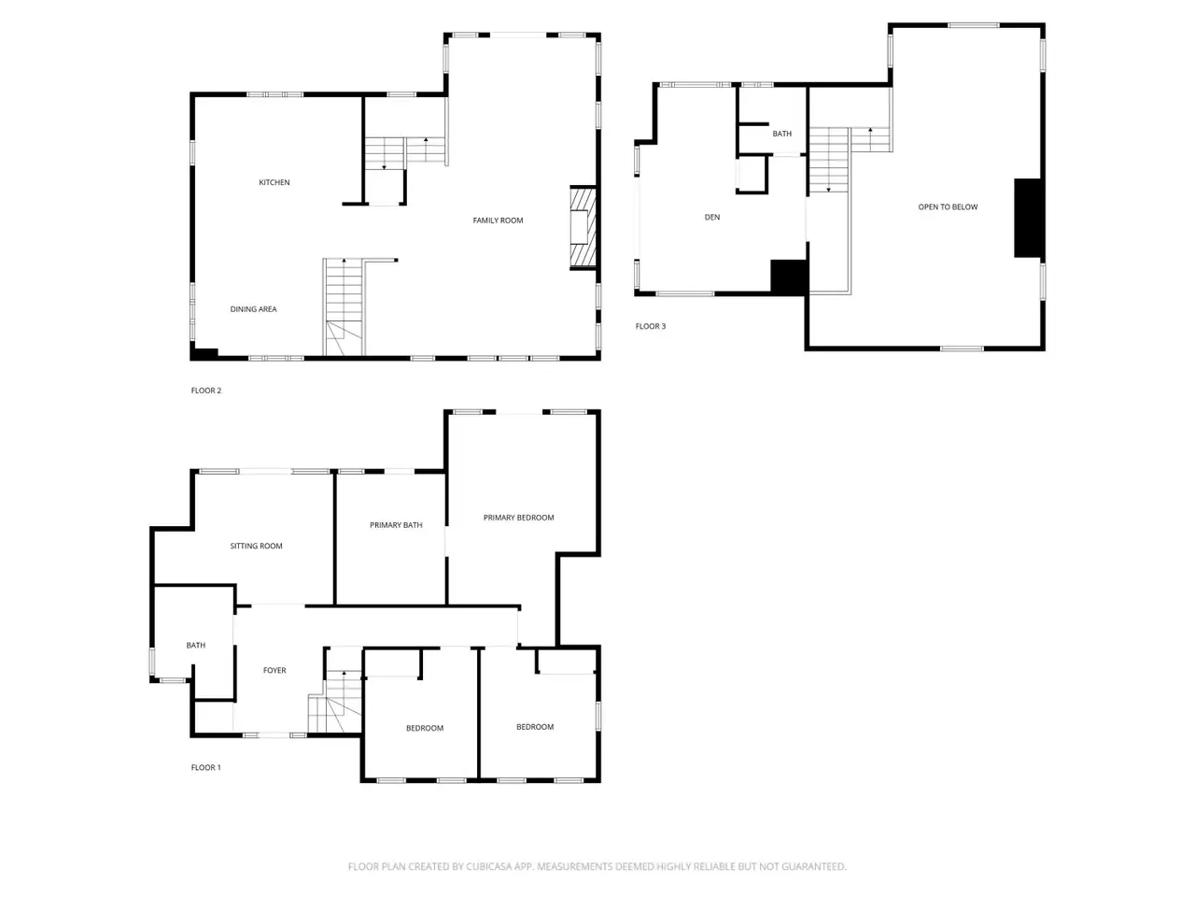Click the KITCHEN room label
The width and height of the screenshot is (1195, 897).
point(274,182)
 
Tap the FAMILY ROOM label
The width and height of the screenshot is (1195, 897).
point(498,221)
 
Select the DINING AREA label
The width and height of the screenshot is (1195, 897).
point(253,309)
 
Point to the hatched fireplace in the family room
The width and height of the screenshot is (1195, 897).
point(583,227)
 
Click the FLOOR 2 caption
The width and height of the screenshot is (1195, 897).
point(205,391)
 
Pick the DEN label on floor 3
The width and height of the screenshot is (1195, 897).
point(712,218)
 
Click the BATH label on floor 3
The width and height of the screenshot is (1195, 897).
point(781,134)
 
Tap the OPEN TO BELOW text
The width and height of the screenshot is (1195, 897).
point(948,206)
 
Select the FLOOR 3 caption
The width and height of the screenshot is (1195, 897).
point(650,326)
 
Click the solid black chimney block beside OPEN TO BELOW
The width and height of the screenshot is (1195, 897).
point(1028,218)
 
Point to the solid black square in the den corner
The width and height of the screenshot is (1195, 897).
point(788,278)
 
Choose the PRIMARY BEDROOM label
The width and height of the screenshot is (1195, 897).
point(518,518)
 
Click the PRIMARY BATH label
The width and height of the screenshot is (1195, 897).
point(396,525)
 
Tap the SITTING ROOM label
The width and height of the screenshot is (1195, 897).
point(256,547)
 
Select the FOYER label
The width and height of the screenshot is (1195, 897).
point(274,671)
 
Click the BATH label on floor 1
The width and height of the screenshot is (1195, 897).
point(196,646)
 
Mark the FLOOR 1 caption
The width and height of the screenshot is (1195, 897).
point(205,768)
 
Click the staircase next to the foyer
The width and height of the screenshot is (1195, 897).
point(335,702)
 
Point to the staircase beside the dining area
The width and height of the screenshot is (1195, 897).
point(344,307)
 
